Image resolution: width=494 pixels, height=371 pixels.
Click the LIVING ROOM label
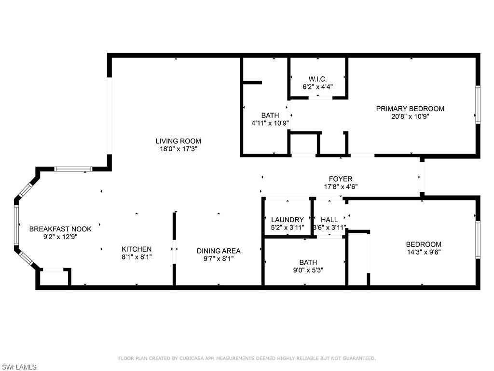[x=178, y=141]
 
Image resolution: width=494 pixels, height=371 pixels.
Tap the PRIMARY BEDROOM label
[x=410, y=109]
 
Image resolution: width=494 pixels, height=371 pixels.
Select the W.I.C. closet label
[x=317, y=79]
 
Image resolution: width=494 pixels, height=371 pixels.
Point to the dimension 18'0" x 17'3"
[x=178, y=149]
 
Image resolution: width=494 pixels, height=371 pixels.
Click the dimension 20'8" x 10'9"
[x=410, y=116]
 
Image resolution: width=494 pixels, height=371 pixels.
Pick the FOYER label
[x=341, y=179]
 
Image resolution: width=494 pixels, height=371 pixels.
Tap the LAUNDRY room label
[x=288, y=220]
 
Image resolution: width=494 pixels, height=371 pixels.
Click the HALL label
[x=329, y=220]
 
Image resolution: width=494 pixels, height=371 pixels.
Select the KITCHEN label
[x=137, y=249]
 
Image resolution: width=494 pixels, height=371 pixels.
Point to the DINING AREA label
[x=219, y=251]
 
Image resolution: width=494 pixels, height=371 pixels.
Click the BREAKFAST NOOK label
[x=60, y=229]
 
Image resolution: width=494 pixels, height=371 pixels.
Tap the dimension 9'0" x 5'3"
[x=308, y=270]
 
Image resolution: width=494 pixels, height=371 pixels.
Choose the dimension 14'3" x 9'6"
[x=424, y=252]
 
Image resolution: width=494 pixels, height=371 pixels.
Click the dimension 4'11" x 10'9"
[x=270, y=123]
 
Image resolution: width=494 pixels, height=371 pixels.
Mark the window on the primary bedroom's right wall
[x=478, y=104]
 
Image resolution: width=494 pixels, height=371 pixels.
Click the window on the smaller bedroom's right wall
[x=478, y=240]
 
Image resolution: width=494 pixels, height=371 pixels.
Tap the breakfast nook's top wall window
[x=73, y=169]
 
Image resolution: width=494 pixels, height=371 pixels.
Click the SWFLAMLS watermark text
[x=19, y=367]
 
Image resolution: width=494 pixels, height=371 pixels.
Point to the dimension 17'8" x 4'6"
[x=341, y=187]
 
